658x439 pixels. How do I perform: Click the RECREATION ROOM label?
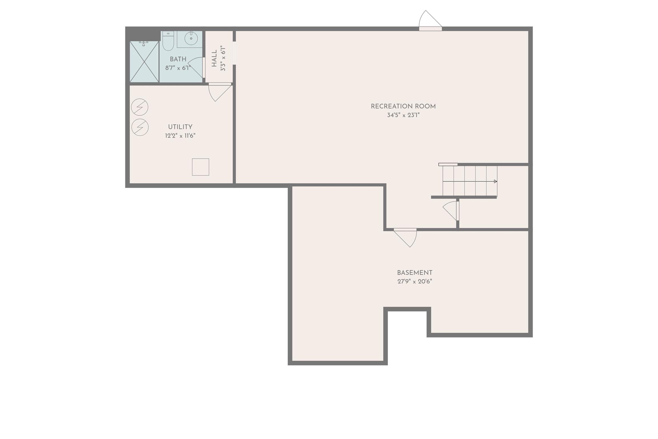(403, 106)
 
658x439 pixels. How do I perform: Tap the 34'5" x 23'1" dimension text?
(403, 115)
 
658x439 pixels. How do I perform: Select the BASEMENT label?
(415, 273)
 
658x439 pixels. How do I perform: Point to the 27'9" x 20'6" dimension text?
(415, 281)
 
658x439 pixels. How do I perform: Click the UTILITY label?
(180, 127)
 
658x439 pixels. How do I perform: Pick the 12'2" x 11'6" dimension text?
(180, 136)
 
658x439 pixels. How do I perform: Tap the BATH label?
(178, 59)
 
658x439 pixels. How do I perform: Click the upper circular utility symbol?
(140, 107)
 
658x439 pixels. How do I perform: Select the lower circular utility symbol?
(140, 127)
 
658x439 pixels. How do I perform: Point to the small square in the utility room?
(200, 167)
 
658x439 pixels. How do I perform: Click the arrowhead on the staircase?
(496, 181)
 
